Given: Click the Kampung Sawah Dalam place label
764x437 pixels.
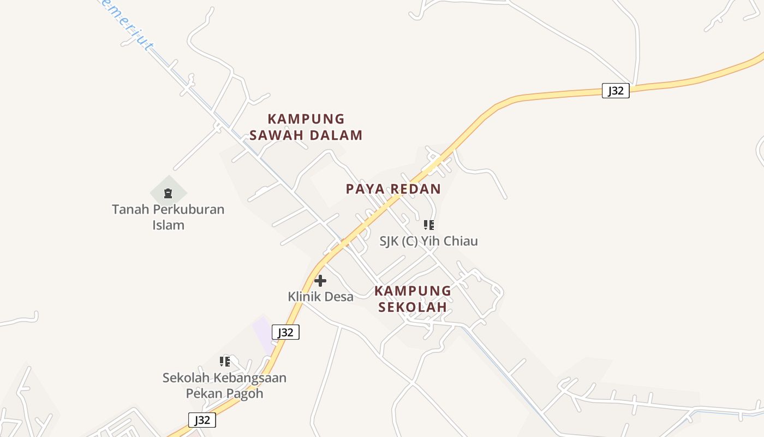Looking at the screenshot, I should coord(306,127).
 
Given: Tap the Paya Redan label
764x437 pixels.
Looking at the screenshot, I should coord(393,189).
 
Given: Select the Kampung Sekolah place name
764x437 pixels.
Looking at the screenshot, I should coord(413,298).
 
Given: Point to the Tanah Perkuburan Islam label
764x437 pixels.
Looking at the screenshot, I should coord(168,217).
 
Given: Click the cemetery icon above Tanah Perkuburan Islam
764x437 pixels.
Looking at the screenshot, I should coord(168,193).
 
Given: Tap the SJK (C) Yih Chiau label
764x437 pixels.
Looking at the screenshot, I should coord(428,241).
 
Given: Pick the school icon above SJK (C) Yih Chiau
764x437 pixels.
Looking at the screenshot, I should coord(429,225).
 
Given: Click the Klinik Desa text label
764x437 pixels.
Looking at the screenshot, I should coord(320,297).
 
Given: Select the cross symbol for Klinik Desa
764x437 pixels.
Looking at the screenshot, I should coord(320,281).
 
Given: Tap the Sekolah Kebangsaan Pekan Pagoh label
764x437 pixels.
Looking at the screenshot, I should coord(224,385).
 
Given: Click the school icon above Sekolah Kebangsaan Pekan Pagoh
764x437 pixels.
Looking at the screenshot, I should coord(225,362).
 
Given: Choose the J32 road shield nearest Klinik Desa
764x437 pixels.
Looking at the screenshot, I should coord(286,332).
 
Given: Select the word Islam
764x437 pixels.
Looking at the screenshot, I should coord(168,225).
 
